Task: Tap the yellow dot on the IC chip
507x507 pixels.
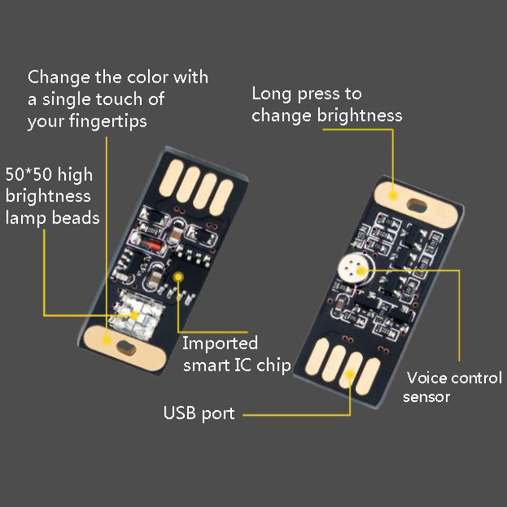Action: tap(178, 277)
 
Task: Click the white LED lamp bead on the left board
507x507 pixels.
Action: tap(136, 314)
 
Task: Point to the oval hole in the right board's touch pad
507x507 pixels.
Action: tap(417, 205)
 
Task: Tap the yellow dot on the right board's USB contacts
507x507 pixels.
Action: tap(350, 375)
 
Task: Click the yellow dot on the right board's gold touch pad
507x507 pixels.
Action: tap(393, 195)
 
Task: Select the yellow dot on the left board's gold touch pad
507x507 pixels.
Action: tap(106, 340)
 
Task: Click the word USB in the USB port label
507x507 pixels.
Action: tap(179, 413)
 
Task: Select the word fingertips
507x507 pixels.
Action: tap(108, 122)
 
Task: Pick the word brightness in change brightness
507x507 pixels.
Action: tap(360, 115)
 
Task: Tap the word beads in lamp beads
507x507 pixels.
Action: tap(76, 218)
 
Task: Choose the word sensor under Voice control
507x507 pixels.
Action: tap(426, 397)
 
